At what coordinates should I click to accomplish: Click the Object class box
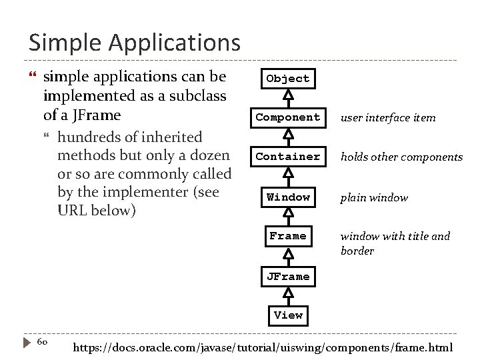click(x=288, y=79)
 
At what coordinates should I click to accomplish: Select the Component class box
click(x=288, y=117)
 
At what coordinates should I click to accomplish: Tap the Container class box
click(x=288, y=157)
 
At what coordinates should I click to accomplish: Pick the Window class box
click(x=288, y=197)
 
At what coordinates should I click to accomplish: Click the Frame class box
click(x=288, y=236)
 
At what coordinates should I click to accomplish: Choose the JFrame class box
click(x=288, y=276)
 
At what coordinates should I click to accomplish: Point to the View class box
click(x=288, y=315)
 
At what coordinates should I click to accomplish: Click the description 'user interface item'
click(x=388, y=118)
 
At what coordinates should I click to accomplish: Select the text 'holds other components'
click(x=401, y=157)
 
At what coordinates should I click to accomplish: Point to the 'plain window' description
click(x=374, y=197)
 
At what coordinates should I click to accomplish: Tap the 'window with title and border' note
click(x=395, y=243)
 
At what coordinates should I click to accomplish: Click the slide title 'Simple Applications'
click(x=134, y=43)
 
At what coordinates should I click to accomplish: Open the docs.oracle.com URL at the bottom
click(x=262, y=347)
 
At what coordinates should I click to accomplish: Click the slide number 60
click(x=41, y=342)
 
